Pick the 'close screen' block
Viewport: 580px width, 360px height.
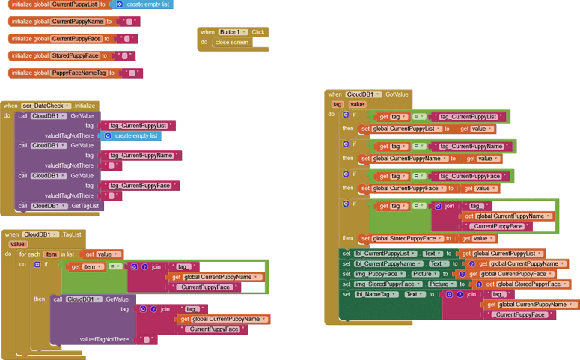(231, 43)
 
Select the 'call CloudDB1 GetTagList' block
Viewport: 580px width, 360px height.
(59, 206)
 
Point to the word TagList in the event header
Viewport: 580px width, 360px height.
(72, 234)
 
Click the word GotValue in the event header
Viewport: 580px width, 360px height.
(397, 94)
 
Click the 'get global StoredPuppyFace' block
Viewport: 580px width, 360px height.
(526, 284)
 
